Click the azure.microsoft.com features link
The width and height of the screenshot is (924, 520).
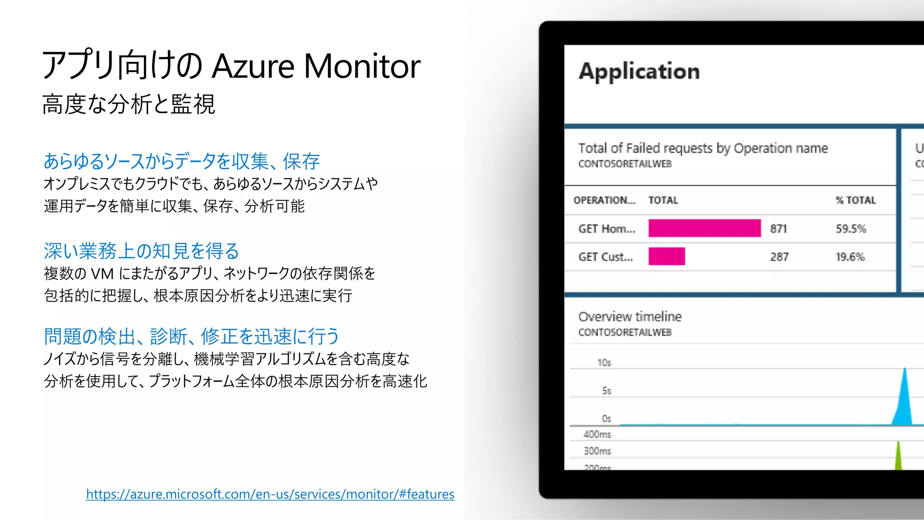270,494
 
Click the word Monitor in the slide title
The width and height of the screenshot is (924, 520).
362,66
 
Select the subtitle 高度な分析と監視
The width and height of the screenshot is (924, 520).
129,104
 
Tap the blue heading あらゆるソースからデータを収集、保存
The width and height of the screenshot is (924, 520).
181,161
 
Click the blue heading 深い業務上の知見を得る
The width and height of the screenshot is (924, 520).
141,251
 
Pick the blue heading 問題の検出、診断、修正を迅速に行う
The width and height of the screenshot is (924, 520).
191,336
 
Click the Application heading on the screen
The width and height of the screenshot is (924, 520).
639,71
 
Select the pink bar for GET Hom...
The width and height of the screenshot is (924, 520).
704,228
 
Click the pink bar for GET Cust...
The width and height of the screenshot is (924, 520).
666,256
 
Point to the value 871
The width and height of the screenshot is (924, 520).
778,229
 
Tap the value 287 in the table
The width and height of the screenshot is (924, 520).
779,257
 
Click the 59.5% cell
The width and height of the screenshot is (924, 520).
850,229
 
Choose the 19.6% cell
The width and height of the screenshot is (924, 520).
850,257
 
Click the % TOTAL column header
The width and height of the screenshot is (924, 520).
855,200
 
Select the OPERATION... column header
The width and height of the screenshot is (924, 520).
604,200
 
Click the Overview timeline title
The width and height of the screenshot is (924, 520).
630,316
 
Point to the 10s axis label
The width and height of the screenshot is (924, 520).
604,362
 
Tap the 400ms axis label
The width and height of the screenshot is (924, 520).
597,434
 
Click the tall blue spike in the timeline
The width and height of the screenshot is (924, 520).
904,402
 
